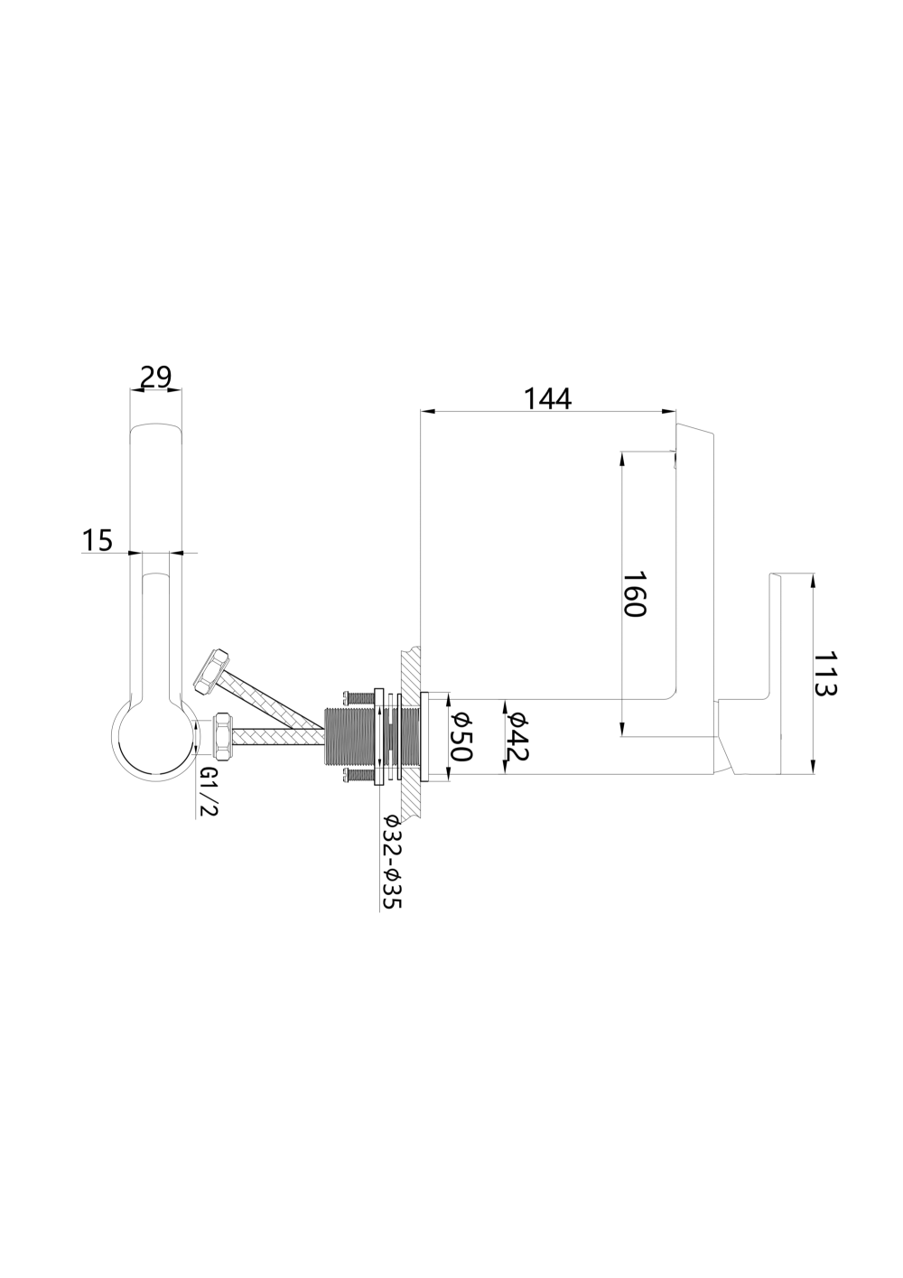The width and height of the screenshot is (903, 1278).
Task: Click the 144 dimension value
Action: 547,399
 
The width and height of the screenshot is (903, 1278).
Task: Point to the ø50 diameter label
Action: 461,736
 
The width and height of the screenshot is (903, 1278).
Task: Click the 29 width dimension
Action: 156,378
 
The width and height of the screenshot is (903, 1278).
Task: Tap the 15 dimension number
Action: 98,540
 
